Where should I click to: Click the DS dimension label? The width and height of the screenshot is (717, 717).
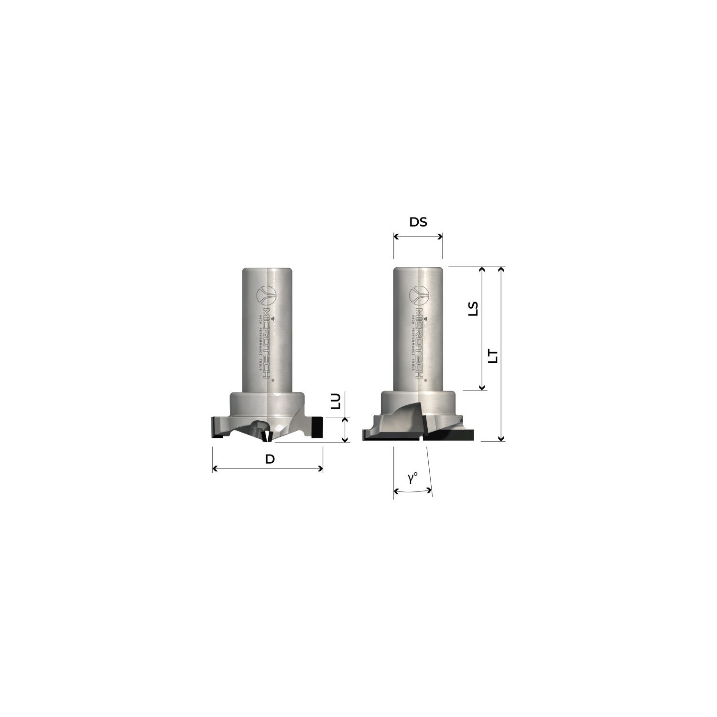(x=418, y=222)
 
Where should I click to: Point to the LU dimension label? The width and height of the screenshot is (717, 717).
(x=336, y=401)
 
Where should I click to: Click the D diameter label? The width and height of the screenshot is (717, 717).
(x=270, y=459)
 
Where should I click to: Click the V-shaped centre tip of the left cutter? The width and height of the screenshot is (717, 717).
(x=267, y=436)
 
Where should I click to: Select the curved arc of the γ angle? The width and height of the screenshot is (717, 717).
(x=413, y=491)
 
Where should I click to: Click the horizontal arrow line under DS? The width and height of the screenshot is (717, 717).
(x=418, y=236)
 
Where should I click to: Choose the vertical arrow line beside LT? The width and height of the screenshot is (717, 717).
(x=500, y=354)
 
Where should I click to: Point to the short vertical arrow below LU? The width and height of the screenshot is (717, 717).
(x=344, y=429)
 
